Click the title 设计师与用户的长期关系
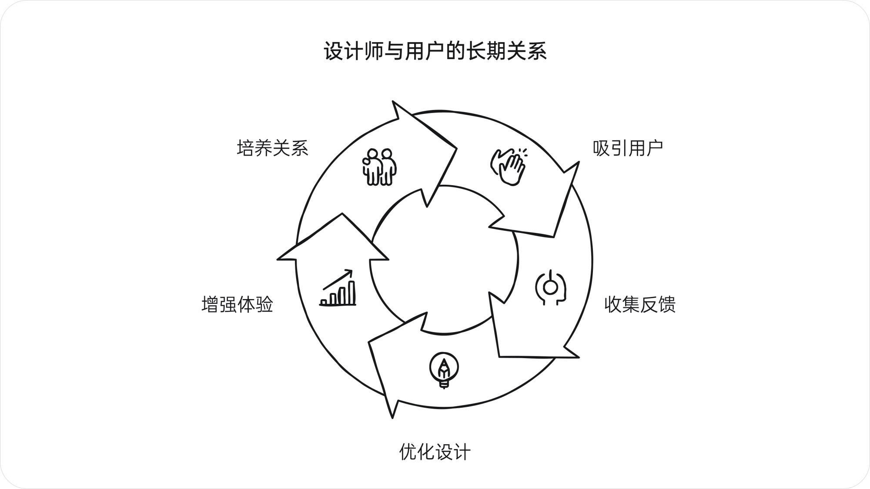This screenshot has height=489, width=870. coord(435,51)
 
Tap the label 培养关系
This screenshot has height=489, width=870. coord(272,148)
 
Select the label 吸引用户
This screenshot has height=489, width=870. coord(628,148)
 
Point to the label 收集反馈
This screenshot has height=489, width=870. coord(639,304)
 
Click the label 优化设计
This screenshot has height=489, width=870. coord(435,452)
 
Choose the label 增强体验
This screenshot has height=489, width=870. coord(237,304)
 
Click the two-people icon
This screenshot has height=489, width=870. coord(379,167)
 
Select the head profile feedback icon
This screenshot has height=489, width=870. coord(551,287)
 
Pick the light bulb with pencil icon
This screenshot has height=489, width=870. coord(444,369)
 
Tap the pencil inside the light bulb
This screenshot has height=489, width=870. coord(444,368)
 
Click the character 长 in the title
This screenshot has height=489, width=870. coord(476,51)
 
